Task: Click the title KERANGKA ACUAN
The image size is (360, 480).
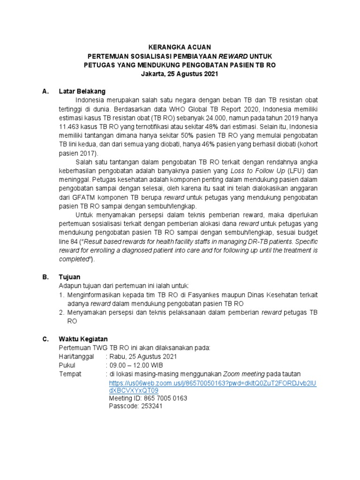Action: pos(180,47)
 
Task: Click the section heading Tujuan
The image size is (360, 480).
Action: pos(69,277)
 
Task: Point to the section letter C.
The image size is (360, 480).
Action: pos(45,338)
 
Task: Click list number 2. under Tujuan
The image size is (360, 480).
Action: pos(61,313)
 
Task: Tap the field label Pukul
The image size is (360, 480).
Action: pos(67,365)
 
